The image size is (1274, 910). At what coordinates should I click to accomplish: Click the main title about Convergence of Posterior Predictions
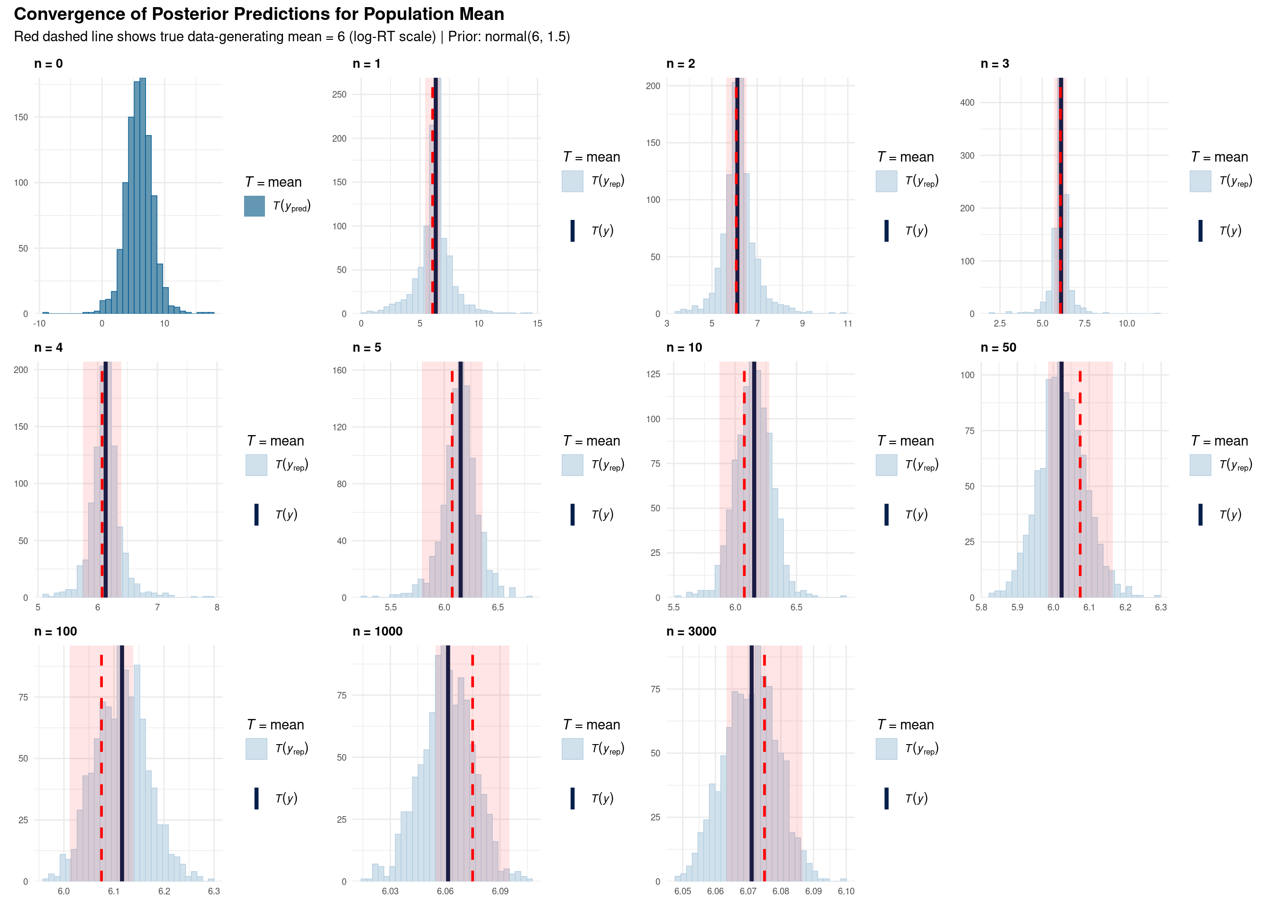pos(258,14)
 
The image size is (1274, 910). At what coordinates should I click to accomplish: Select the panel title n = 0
pos(48,64)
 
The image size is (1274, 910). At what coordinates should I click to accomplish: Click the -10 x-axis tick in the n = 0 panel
pos(39,323)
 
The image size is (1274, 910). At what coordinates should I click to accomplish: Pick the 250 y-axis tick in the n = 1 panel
pos(339,94)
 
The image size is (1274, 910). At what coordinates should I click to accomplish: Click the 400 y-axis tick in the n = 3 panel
pos(967,102)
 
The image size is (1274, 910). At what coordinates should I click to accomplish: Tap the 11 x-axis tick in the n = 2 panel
pos(847,323)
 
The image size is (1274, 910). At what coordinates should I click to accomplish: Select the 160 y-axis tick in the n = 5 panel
pos(340,370)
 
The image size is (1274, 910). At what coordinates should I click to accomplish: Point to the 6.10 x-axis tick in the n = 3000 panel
pos(846,891)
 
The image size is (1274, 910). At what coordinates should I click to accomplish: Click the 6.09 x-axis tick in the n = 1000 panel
pos(500,891)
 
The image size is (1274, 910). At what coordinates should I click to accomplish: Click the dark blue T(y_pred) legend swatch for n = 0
pos(255,206)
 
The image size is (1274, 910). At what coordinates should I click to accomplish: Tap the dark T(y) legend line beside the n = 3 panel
pos(1200,231)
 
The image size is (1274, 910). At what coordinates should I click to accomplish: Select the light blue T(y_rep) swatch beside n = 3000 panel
pos(886,749)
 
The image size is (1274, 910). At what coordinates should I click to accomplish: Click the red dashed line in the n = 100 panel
pos(101,784)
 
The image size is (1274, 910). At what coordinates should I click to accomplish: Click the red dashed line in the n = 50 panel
pos(1080,493)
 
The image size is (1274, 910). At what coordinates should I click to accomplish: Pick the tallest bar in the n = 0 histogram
pos(142,196)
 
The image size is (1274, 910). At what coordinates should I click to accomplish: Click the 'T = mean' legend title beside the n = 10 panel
pos(905,441)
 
